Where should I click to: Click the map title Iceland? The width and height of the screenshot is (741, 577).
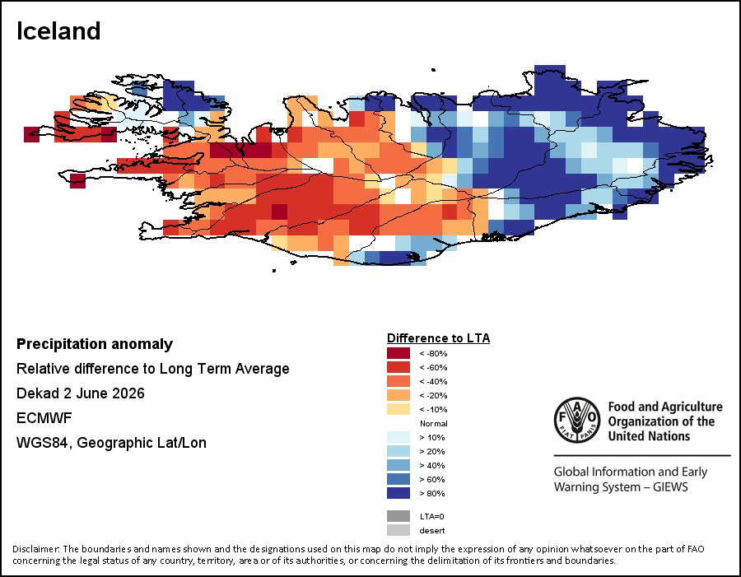click(58, 31)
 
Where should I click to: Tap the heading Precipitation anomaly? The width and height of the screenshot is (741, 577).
click(95, 344)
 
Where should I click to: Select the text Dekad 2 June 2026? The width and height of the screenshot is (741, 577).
click(81, 393)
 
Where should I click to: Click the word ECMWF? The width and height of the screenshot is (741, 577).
click(44, 418)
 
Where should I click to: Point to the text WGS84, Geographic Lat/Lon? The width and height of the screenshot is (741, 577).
click(111, 443)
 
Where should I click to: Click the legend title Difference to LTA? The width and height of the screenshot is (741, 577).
click(439, 337)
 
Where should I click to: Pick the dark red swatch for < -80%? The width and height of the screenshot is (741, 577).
click(398, 353)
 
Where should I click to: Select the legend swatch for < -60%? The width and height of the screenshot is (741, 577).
click(398, 367)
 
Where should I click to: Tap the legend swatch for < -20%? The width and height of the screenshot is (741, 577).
click(398, 395)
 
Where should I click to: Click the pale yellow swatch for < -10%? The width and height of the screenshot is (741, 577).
click(398, 409)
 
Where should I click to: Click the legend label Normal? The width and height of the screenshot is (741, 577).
click(434, 423)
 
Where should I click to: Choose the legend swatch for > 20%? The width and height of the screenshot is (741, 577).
click(398, 451)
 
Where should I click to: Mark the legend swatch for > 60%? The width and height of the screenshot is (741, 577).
click(398, 479)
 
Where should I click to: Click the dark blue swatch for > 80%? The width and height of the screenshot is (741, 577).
click(398, 493)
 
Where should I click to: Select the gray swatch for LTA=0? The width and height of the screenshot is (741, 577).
click(398, 516)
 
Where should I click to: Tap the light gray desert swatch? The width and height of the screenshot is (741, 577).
click(398, 530)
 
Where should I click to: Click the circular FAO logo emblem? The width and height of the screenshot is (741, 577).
click(577, 420)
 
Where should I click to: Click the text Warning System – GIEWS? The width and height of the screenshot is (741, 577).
click(621, 486)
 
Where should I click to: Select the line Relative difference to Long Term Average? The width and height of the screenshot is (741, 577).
click(152, 369)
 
